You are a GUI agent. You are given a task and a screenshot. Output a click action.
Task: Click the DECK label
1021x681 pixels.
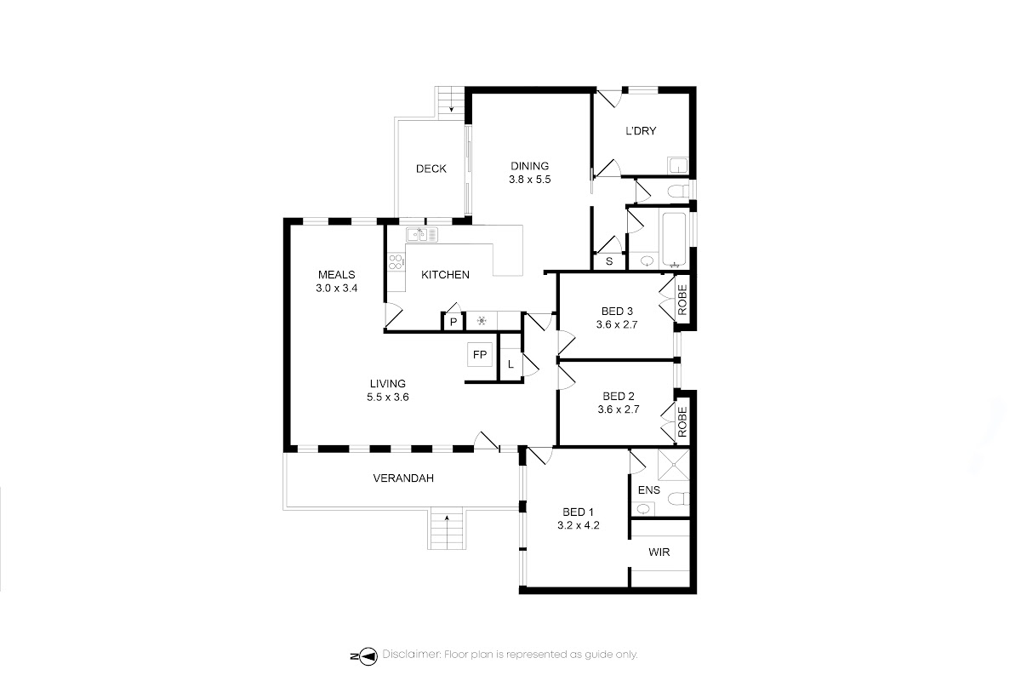(431, 169)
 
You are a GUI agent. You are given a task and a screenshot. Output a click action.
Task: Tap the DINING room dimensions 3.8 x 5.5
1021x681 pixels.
(529, 180)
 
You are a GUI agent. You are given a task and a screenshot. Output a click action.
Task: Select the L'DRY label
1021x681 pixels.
(641, 131)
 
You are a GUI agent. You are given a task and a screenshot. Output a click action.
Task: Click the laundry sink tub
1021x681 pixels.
(678, 165)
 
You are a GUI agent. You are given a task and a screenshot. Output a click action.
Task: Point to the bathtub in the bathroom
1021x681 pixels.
(674, 239)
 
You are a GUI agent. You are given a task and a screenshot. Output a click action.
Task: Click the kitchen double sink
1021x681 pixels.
(422, 234)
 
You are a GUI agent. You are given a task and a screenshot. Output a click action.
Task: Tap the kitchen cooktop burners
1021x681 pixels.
(396, 262)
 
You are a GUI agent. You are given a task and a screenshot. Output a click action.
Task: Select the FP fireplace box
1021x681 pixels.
(480, 354)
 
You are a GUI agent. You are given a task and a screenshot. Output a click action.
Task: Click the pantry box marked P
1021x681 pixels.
(453, 322)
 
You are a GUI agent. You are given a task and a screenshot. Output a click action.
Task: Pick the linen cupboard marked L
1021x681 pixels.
(510, 364)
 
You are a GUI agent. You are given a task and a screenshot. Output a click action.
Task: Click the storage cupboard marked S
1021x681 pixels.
(609, 261)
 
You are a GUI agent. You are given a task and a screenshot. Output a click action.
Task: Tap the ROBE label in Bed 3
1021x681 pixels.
(682, 300)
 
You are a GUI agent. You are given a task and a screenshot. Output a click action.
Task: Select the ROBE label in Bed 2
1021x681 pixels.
(682, 422)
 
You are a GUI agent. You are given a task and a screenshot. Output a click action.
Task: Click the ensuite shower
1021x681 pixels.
(674, 465)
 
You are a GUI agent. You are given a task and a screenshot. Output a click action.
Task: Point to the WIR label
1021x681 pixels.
(659, 552)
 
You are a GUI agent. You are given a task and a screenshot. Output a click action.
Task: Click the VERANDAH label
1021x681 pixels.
(403, 478)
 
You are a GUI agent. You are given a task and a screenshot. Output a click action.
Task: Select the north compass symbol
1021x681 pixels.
(365, 656)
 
